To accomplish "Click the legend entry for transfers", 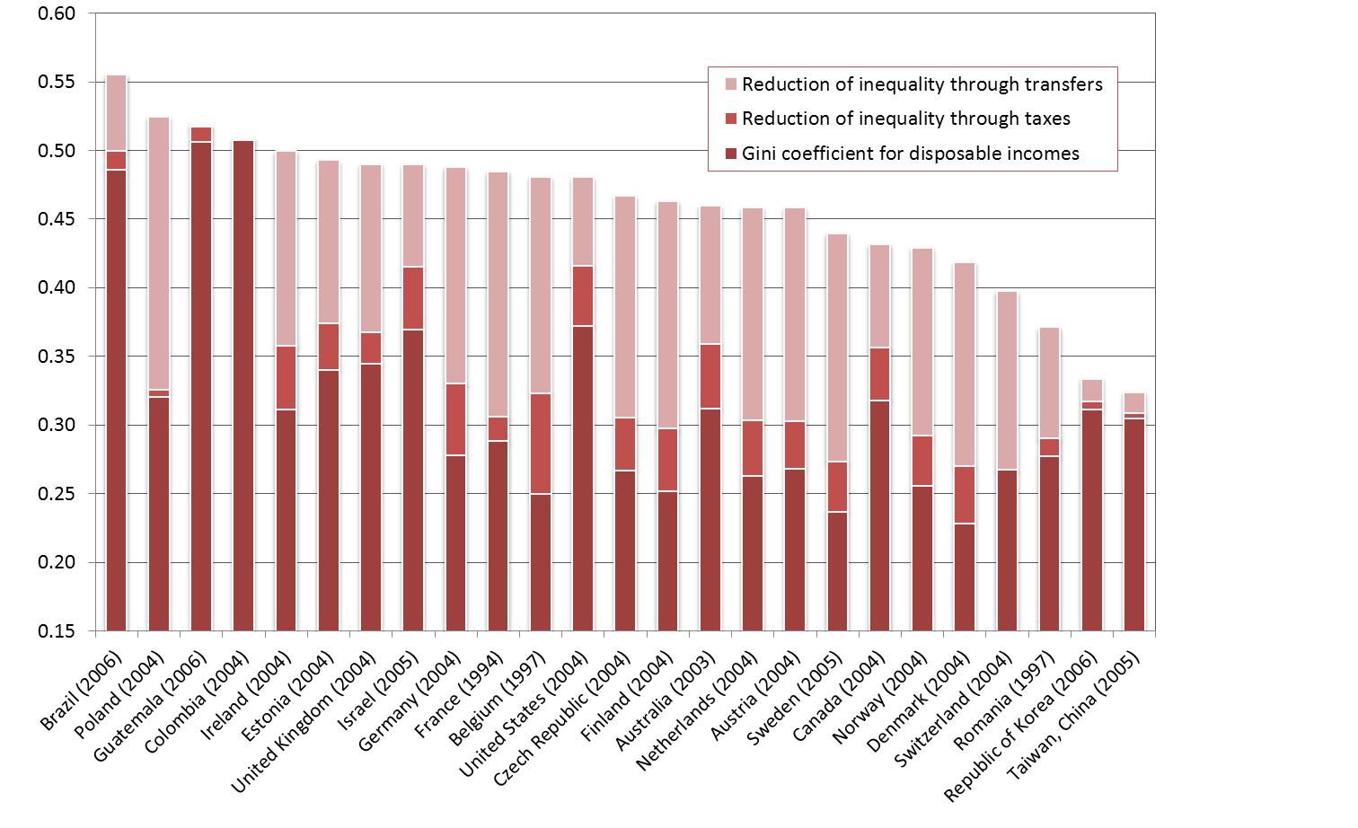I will (x=921, y=84).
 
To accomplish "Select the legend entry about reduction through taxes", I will (x=905, y=119).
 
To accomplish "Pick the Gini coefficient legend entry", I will (x=910, y=154).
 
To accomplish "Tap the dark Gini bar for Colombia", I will (x=242, y=386).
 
